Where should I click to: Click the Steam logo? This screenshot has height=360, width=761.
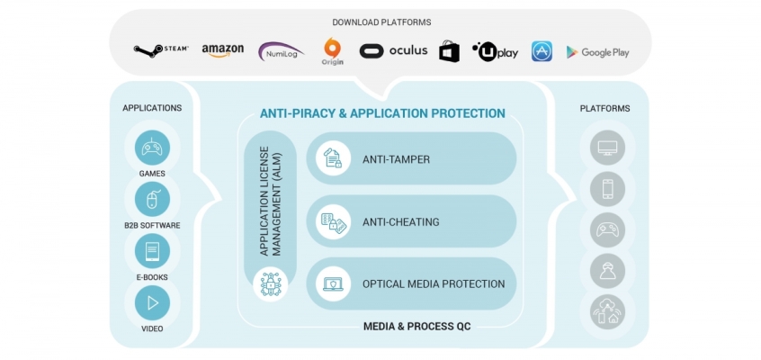161,49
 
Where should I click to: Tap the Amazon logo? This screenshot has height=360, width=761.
222,50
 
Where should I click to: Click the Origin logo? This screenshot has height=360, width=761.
333,51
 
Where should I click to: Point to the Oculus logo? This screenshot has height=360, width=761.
393,50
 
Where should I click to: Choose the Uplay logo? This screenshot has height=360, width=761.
495,51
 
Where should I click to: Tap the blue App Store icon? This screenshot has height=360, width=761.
542,51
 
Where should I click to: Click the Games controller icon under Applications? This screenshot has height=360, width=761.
152,148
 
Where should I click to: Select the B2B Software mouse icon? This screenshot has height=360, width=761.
152,199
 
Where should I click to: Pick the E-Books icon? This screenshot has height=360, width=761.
152,251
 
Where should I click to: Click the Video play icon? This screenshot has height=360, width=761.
152,302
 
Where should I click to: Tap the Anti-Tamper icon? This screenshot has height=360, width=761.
334,158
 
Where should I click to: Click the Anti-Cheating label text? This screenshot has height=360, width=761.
401,221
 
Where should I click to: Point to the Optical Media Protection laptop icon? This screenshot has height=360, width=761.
334,283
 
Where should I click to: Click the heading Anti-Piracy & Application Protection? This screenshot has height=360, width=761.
382,113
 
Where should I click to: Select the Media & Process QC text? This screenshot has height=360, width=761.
416,326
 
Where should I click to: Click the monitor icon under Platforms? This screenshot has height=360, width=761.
607,148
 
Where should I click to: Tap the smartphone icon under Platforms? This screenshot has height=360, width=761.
607,188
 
